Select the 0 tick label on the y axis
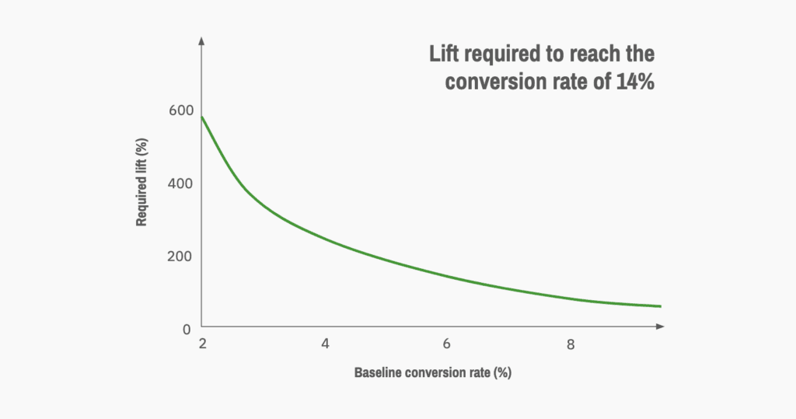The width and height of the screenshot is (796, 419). pos(187,329)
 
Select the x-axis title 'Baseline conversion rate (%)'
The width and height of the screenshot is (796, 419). pos(432,372)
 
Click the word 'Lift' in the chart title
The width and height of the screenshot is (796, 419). pos(447,55)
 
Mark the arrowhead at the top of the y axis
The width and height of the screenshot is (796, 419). pos(202,40)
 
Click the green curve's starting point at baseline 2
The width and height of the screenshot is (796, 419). pos(203,117)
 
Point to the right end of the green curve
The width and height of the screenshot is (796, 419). pos(660,306)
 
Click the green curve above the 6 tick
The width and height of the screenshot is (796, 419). pos(447,277)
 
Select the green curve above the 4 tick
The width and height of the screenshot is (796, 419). pos(325,239)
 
